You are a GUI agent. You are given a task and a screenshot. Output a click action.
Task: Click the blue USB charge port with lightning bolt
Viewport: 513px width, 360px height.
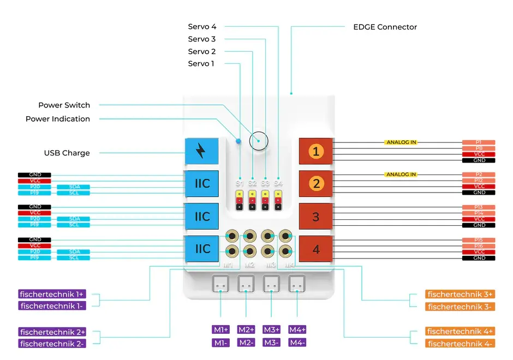click(x=201, y=151)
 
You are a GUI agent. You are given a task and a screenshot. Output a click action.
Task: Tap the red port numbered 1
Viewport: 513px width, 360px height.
click(x=316, y=151)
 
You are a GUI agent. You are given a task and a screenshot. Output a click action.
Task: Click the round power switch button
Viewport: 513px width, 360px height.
click(x=259, y=141)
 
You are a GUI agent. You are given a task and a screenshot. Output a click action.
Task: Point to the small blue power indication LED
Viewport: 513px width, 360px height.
click(x=238, y=141)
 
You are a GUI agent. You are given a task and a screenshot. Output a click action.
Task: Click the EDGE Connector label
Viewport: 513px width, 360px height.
click(x=385, y=27)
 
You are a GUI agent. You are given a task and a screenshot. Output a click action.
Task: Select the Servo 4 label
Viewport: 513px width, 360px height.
click(x=202, y=27)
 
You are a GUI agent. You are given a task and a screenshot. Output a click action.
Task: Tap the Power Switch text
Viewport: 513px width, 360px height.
click(x=64, y=105)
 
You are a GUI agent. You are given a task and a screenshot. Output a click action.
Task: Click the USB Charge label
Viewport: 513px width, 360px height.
click(x=67, y=153)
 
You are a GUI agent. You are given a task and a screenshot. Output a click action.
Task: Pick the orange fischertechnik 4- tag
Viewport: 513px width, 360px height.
click(x=460, y=343)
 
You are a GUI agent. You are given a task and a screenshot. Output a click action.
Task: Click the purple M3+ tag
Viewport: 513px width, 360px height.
click(x=271, y=329)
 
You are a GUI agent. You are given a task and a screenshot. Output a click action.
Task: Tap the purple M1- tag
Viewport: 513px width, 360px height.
click(x=221, y=343)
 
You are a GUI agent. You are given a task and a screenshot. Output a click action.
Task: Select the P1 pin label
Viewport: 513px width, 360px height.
click(x=479, y=142)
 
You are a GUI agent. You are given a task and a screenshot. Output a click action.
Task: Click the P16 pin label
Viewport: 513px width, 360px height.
click(x=479, y=246)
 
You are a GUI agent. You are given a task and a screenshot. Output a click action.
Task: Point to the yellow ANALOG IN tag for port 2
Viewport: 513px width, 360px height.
click(x=401, y=175)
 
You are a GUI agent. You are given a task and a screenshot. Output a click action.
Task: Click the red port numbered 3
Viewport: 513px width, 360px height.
click(x=316, y=217)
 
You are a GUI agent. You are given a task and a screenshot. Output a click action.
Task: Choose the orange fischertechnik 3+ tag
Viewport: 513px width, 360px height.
click(x=460, y=295)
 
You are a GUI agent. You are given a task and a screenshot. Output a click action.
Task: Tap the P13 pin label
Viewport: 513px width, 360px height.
click(x=479, y=207)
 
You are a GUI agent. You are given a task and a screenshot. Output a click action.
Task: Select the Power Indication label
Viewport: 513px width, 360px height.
click(x=58, y=119)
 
